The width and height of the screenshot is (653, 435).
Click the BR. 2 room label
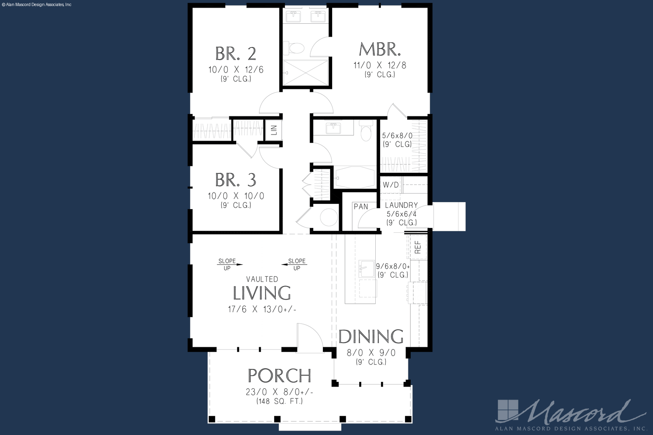tap(235, 54)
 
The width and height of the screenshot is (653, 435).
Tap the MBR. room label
tap(380, 49)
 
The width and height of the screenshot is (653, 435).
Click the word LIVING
tap(262, 293)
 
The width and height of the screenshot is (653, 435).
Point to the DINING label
tap(371, 336)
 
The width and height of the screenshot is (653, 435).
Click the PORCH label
tap(279, 376)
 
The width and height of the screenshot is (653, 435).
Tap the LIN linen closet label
tap(273, 130)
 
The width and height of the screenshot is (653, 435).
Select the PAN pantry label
tap(361, 207)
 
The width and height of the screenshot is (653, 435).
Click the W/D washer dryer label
tap(391, 185)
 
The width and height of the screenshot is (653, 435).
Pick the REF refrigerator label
tap(418, 247)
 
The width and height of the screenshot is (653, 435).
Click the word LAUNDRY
tap(401, 205)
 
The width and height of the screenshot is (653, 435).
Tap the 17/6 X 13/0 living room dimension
tap(262, 309)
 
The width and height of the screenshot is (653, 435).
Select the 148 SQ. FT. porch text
tap(279, 402)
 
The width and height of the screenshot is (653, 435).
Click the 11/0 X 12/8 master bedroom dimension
tap(380, 65)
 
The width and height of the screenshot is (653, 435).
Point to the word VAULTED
tap(262, 280)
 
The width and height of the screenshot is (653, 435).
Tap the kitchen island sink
tap(366, 269)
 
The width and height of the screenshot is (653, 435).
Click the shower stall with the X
tap(306, 72)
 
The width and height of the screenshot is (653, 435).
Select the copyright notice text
tap(37, 5)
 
